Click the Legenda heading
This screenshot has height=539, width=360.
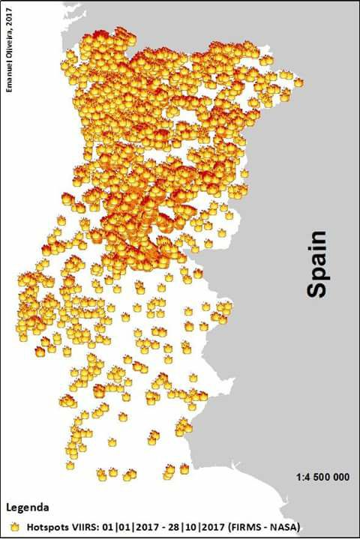(28, 506)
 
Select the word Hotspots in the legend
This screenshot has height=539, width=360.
(46, 527)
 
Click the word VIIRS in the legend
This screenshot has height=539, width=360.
(85, 527)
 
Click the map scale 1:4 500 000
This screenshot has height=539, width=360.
(322, 476)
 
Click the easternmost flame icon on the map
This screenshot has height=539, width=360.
(298, 82)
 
